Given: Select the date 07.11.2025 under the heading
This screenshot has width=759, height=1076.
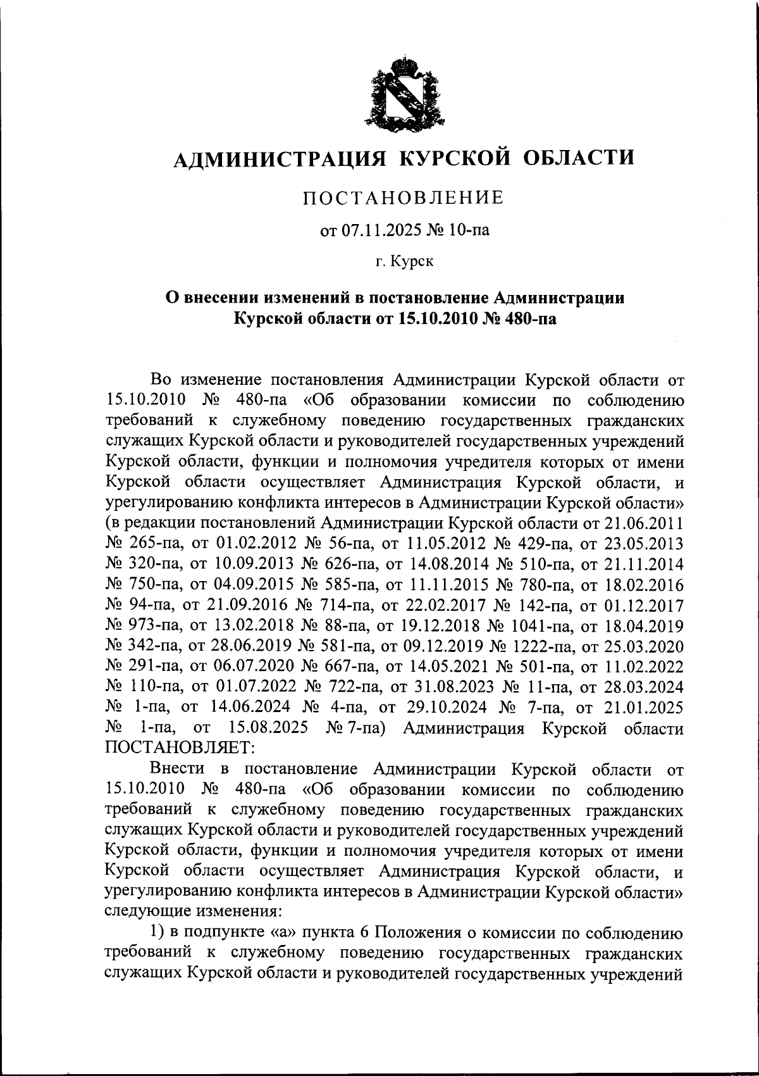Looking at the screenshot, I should point(378,231).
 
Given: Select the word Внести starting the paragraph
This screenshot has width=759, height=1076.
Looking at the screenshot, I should point(178,769).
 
